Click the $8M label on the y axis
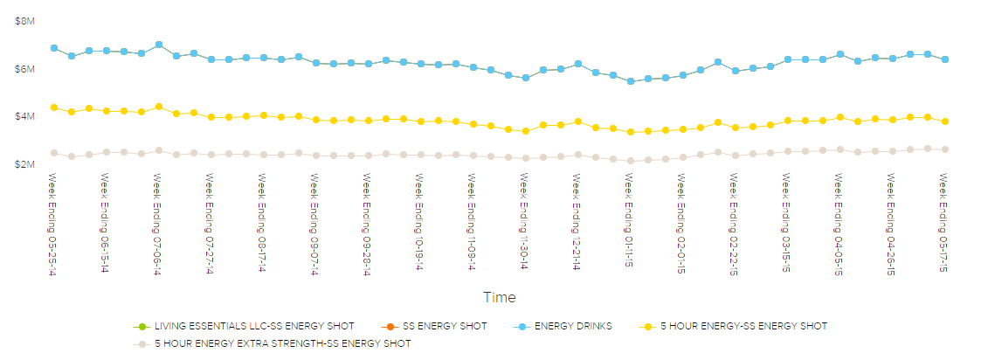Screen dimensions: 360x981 pos(24,21)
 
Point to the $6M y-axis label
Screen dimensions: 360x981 pos(24,69)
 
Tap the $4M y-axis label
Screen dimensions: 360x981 pos(24,117)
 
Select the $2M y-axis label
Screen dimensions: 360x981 pos(24,164)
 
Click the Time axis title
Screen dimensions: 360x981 pos(499,297)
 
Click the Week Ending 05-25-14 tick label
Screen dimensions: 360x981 pos(53,222)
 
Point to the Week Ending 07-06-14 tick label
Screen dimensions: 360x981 pos(158,222)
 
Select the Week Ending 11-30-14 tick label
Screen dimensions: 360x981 pos(525,222)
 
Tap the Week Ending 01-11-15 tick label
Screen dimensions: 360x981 pos(630,222)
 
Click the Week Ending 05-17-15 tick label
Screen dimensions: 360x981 pos(944,222)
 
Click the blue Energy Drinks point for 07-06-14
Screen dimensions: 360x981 pos(159,45)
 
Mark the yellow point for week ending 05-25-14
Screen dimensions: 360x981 pos(54,107)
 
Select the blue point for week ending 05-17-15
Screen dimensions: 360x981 pos(945,59)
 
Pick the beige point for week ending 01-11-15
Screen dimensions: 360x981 pos(631,161)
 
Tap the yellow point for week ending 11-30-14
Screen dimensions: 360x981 pos(526,131)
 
